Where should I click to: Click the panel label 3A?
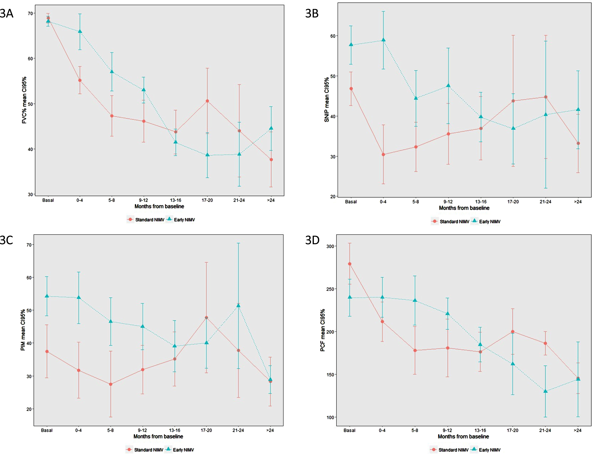click(6, 13)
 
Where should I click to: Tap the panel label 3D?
click(312, 240)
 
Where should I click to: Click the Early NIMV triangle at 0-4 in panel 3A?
click(80, 31)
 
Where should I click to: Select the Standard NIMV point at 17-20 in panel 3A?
click(207, 101)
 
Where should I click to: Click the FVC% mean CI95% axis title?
click(24, 100)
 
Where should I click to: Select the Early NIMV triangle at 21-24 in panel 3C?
click(238, 305)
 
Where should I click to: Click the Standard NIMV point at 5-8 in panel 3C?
click(110, 384)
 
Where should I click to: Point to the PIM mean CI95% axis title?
click(23, 330)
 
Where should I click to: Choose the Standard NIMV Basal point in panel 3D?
click(350, 264)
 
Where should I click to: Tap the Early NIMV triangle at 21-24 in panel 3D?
click(545, 391)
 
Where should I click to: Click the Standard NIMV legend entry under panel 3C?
click(145, 450)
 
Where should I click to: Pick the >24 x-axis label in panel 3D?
click(577, 430)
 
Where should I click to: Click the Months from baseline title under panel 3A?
click(159, 206)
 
